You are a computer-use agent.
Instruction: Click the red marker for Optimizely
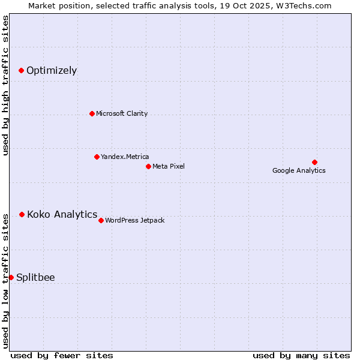(x=21, y=71)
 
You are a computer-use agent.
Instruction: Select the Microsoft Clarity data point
(x=92, y=113)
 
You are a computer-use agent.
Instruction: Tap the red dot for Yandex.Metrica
(x=97, y=157)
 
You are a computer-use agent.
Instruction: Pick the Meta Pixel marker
(x=148, y=166)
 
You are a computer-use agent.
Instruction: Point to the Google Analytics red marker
(x=314, y=162)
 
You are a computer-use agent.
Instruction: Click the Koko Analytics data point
(x=22, y=214)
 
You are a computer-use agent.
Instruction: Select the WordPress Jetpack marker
(x=101, y=220)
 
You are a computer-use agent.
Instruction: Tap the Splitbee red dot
(x=11, y=277)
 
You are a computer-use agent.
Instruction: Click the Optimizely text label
(x=52, y=71)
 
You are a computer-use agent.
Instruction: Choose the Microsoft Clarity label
(x=122, y=113)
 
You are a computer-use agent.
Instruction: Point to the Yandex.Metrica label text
(x=125, y=157)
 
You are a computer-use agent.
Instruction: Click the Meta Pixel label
(x=169, y=166)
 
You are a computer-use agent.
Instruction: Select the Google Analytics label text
(x=299, y=170)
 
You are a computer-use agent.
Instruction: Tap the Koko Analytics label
(x=62, y=214)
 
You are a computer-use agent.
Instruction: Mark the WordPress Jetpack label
(x=135, y=220)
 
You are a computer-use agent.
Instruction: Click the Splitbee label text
(x=35, y=277)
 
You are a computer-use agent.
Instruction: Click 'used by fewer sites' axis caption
(x=62, y=355)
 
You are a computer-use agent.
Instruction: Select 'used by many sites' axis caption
(x=301, y=355)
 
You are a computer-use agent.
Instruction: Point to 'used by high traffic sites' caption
(x=6, y=85)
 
